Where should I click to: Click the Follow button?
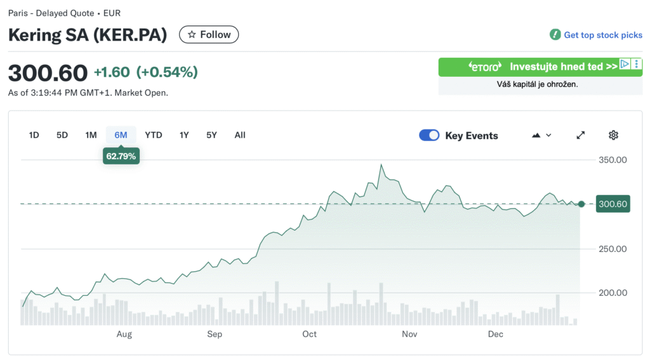[x=209, y=35]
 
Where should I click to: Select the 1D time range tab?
[x=34, y=135]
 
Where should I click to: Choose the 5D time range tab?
[x=62, y=135]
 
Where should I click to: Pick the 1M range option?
[x=91, y=135]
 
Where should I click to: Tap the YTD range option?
[x=153, y=135]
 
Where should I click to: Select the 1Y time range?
[x=184, y=135]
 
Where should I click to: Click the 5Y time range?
[x=212, y=135]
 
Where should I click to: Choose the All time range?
[x=240, y=135]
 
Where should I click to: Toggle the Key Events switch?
[x=430, y=135]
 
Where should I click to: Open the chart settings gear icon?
[x=613, y=135]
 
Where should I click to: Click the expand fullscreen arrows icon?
[x=580, y=135]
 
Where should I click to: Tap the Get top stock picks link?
[x=602, y=35]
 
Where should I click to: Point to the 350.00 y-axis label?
[x=613, y=160]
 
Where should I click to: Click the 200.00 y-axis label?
[x=613, y=293]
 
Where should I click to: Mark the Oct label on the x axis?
[x=309, y=334]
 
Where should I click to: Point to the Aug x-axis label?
[x=124, y=334]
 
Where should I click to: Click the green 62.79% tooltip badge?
[x=121, y=156]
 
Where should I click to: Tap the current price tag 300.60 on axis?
[x=613, y=204]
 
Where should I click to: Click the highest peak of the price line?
[x=381, y=164]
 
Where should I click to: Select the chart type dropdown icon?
[x=541, y=135]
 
